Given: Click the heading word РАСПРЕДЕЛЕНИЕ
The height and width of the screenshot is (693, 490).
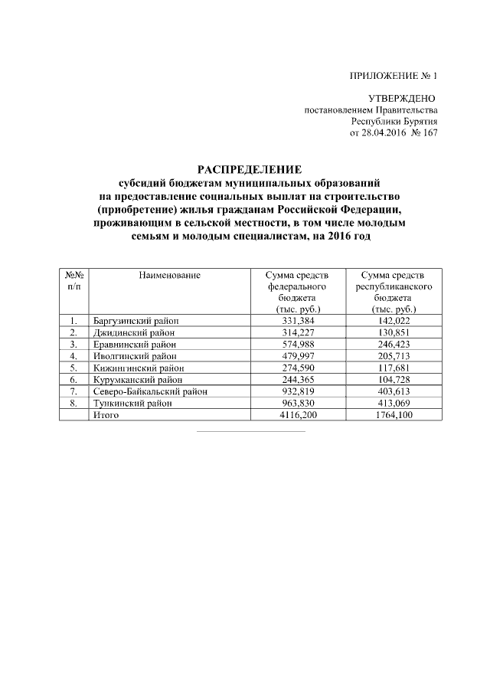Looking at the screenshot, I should (250, 169).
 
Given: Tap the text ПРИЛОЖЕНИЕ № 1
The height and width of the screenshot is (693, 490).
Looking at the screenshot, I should (392, 77).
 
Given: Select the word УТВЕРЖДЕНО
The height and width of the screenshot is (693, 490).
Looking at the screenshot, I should (402, 99).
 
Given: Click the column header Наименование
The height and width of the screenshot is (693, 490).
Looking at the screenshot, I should (170, 276).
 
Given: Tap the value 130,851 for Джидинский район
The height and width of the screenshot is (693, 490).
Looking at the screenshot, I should (394, 332).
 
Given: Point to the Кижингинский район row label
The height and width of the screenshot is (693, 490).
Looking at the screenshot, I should (137, 368).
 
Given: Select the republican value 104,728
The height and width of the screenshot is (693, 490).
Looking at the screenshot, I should (394, 379).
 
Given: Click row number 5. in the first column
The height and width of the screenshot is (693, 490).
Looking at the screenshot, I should (73, 368).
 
